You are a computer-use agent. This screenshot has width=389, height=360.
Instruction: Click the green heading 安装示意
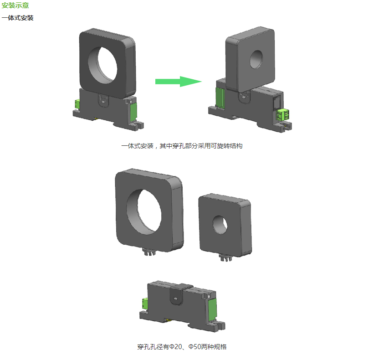[15, 5]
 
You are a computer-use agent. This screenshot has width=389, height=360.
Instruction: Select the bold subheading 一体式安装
[17, 18]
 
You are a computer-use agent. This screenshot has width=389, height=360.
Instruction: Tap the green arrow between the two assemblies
[179, 82]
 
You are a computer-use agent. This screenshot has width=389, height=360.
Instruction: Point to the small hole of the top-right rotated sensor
[256, 59]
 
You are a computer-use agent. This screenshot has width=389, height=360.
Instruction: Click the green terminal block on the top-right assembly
[283, 115]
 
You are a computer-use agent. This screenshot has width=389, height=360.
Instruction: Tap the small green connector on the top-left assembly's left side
[77, 104]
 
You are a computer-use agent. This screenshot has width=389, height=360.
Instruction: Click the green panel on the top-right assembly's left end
[220, 98]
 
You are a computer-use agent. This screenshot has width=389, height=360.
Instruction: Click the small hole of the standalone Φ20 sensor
[220, 225]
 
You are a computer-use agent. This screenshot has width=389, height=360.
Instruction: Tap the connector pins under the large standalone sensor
[149, 252]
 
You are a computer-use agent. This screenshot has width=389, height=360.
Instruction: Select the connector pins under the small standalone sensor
[226, 258]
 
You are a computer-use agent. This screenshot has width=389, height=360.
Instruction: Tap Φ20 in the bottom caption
[176, 347]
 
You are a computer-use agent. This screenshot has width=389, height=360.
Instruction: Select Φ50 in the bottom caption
[195, 347]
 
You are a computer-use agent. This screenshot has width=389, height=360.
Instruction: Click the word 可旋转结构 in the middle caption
[226, 146]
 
